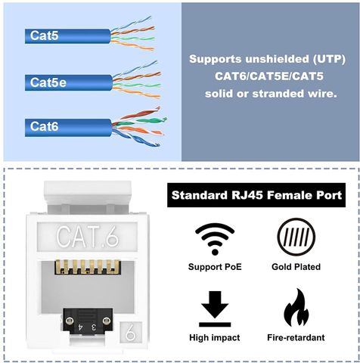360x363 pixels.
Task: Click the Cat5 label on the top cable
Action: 45,36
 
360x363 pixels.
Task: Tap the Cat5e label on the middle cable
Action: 48,82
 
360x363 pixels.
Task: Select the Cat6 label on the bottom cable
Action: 45,126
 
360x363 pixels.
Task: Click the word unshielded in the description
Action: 277,59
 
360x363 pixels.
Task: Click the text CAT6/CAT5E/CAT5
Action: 269,76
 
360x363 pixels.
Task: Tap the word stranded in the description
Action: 278,94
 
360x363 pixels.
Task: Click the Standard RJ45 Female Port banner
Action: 256,195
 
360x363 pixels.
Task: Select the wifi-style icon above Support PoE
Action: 215,239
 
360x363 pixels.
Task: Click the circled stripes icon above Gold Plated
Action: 296,237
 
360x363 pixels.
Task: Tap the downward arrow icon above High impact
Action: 215,309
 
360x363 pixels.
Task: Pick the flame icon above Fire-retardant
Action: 296,308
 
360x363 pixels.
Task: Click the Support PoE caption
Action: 215,267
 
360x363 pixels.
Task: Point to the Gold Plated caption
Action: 296,267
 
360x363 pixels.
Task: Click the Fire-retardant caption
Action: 296,337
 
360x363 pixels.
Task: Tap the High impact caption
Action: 215,337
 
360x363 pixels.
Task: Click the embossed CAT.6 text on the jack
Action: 87,237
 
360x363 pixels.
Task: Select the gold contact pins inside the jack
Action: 88,267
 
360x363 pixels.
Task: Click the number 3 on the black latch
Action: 94,327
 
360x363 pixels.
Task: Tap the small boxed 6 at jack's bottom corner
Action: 131,332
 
